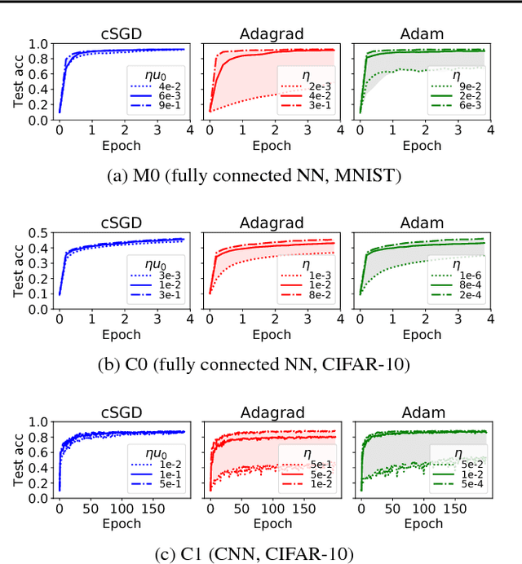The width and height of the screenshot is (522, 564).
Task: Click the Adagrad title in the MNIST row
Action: click(x=271, y=33)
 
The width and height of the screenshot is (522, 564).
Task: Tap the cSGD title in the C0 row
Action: click(x=122, y=223)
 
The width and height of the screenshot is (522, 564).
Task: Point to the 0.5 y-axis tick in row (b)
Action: click(x=39, y=235)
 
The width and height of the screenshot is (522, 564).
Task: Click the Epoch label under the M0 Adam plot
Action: click(x=422, y=147)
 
